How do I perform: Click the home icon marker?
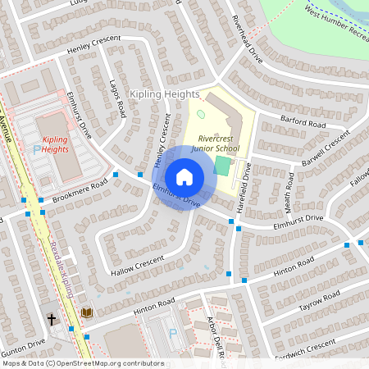pyautogui.click(x=184, y=177)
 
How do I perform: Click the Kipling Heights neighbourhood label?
pyautogui.click(x=164, y=95)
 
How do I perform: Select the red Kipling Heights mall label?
pyautogui.click(x=55, y=144)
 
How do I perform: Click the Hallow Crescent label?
pyautogui.click(x=138, y=264)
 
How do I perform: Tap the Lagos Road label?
pyautogui.click(x=116, y=99)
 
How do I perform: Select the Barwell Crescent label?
pyautogui.click(x=326, y=150)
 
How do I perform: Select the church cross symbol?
pyautogui.click(x=51, y=317)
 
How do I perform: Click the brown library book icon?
pyautogui.click(x=87, y=312)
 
